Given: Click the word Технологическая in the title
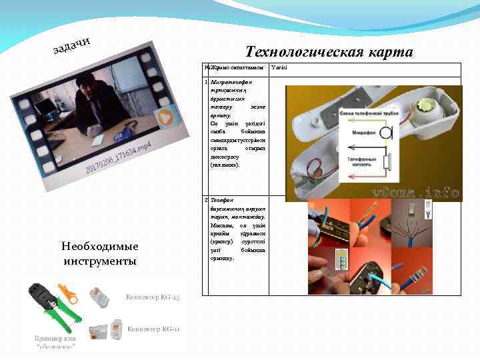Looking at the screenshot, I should coord(303,52).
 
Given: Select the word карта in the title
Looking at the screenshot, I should coord(389,52).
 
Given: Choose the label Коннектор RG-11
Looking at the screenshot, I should coord(153,329).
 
